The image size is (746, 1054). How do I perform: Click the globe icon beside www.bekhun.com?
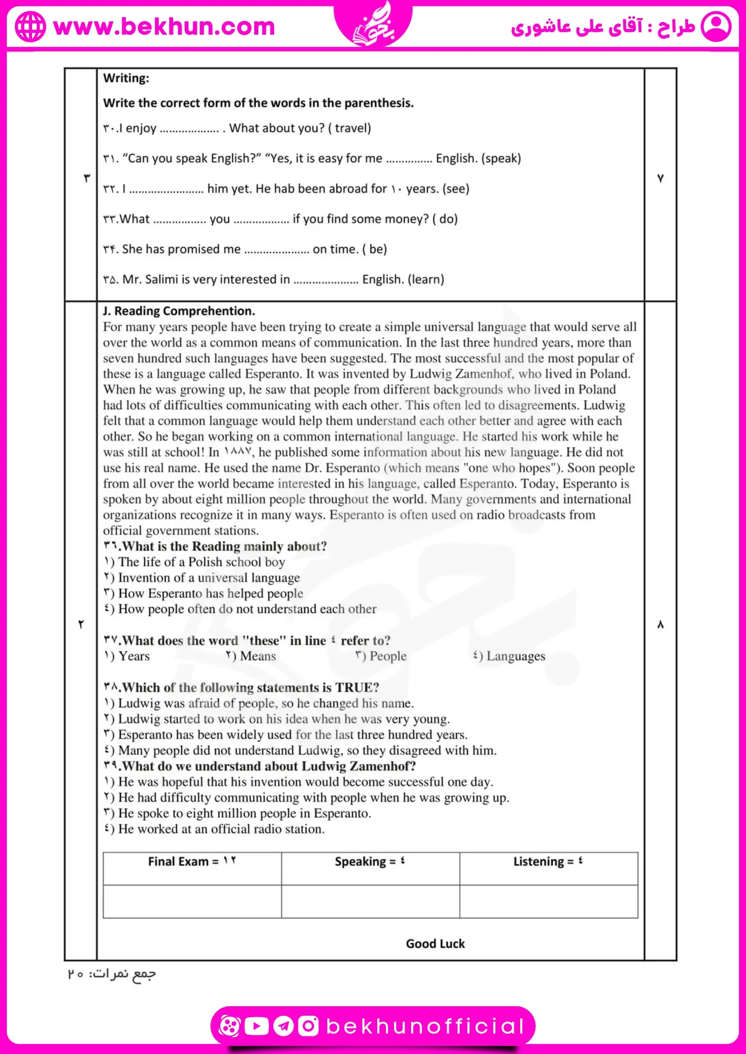tap(30, 27)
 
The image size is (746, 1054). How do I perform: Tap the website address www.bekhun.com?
tap(164, 27)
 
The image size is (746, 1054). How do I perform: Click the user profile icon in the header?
tap(716, 27)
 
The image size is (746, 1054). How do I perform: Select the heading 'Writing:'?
tap(126, 78)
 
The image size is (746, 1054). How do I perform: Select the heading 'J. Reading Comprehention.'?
tap(178, 311)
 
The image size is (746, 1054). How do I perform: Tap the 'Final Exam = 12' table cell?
tap(192, 862)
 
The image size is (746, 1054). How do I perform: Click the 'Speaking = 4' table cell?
tap(370, 862)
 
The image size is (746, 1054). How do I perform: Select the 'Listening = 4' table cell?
tap(548, 862)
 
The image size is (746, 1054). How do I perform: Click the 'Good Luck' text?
tap(435, 944)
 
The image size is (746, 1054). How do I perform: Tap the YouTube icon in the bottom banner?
tap(256, 1026)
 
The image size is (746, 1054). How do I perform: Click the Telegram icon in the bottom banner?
tap(284, 1026)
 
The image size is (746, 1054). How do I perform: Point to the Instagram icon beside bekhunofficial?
tap(308, 1026)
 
